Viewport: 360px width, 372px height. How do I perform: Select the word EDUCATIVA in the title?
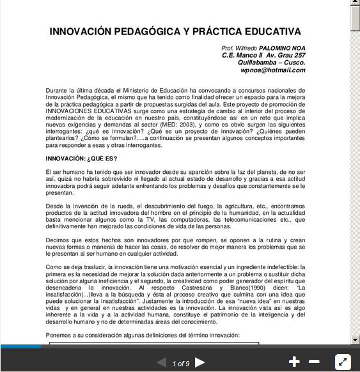(271, 31)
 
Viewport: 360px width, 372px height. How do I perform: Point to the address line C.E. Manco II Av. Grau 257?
(263, 56)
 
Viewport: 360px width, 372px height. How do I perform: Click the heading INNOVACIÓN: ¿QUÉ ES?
(81, 159)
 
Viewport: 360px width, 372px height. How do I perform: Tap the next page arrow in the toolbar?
(200, 362)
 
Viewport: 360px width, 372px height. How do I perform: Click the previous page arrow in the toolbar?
(161, 362)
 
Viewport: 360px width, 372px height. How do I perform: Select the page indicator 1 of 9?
(181, 363)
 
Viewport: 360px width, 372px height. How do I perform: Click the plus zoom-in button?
(294, 362)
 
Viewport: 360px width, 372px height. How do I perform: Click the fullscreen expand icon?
(343, 362)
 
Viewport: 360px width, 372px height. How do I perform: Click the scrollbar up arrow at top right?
(355, 4)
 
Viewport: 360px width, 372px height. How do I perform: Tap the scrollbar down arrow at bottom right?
(355, 339)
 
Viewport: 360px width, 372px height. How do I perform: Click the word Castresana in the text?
(196, 288)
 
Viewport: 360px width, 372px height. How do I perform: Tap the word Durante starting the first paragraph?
(57, 91)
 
